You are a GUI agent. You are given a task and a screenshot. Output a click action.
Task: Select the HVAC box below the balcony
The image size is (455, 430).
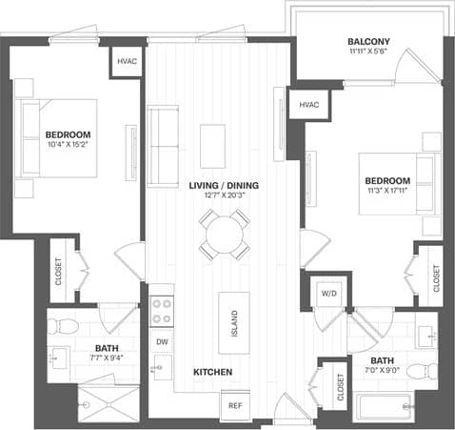(x=307, y=104)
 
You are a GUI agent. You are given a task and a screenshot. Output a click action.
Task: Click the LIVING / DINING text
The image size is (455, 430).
(x=224, y=185)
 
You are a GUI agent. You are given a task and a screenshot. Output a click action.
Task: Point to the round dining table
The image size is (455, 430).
(x=225, y=232)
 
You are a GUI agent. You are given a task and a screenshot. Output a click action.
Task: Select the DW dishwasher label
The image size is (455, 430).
(x=161, y=341)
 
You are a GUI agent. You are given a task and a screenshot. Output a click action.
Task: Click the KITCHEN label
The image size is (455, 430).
(x=214, y=371)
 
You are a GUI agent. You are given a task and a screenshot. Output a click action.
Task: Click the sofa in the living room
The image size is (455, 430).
(x=163, y=133)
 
